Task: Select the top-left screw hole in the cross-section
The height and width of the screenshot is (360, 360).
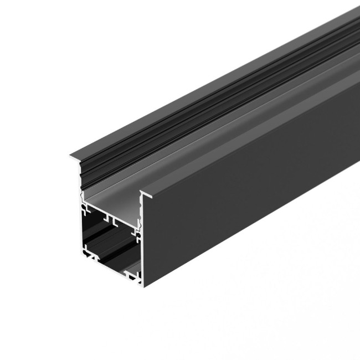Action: (85, 210)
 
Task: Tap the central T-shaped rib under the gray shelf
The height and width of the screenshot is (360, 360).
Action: (114, 222)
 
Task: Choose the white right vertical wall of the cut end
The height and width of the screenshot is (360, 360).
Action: (140, 249)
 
